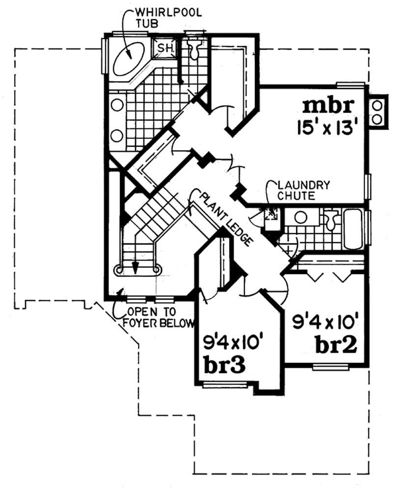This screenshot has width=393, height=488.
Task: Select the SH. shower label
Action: (164, 48)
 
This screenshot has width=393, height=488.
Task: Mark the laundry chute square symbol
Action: (271, 215)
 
